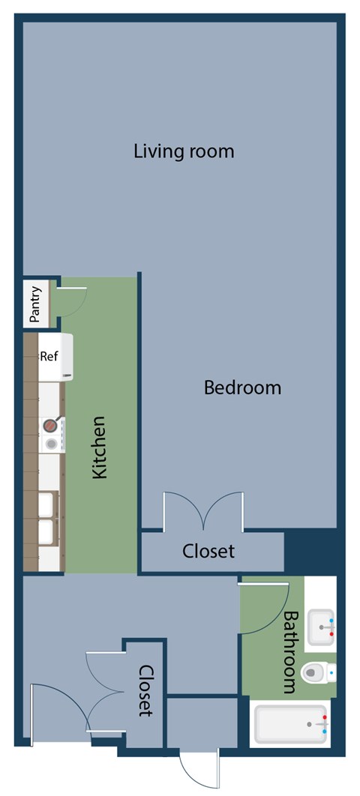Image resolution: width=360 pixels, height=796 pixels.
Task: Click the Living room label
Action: (x=184, y=151)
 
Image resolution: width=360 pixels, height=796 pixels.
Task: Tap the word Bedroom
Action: (x=242, y=388)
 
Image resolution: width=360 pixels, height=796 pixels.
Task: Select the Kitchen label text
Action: (x=100, y=447)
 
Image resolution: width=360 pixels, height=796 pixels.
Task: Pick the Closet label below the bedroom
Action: (x=208, y=551)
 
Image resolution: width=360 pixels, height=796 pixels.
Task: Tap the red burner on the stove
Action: (x=50, y=425)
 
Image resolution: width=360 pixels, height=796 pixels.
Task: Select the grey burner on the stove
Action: (x=51, y=444)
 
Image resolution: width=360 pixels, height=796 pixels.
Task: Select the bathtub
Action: (x=290, y=723)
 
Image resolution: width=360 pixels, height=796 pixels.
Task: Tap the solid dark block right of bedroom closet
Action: (x=310, y=550)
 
